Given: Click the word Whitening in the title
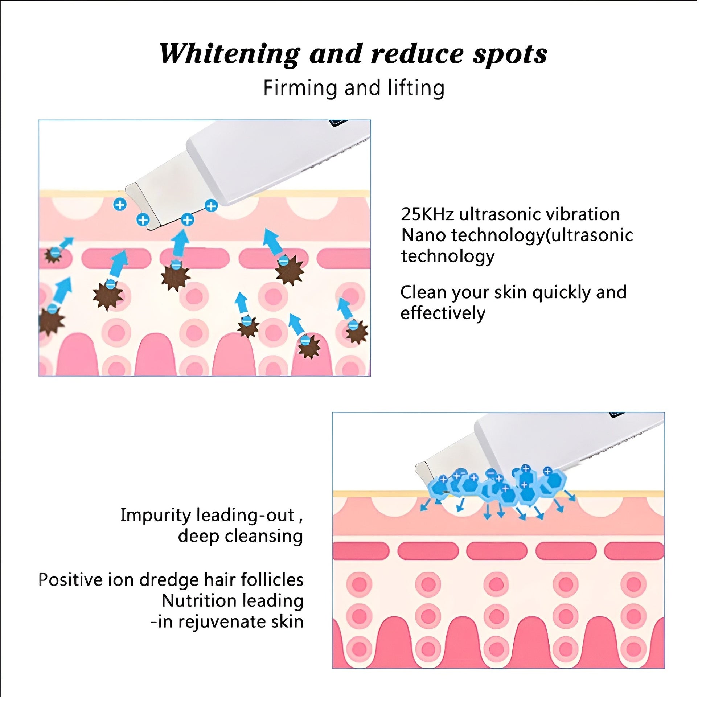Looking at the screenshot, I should (x=229, y=54).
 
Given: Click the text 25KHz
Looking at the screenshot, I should (x=427, y=214).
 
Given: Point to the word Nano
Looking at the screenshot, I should (x=423, y=235).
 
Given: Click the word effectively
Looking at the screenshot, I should (x=443, y=313).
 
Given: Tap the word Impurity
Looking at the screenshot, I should (x=155, y=515).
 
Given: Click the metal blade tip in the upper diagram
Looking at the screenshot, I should (x=141, y=206).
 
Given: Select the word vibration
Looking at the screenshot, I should (x=584, y=214).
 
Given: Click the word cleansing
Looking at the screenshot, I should (x=263, y=536).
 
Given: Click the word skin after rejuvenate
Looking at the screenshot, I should (x=287, y=621).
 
